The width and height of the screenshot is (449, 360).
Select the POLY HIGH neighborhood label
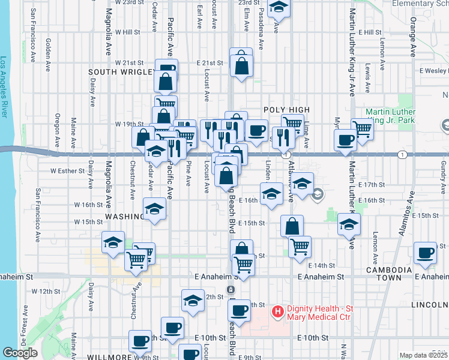click(286, 110)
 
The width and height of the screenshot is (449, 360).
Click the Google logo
click(20, 353)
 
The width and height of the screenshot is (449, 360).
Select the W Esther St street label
click(68, 170)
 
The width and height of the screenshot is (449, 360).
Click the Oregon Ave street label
click(58, 129)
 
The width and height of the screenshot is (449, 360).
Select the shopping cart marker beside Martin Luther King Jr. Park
click(363, 128)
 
